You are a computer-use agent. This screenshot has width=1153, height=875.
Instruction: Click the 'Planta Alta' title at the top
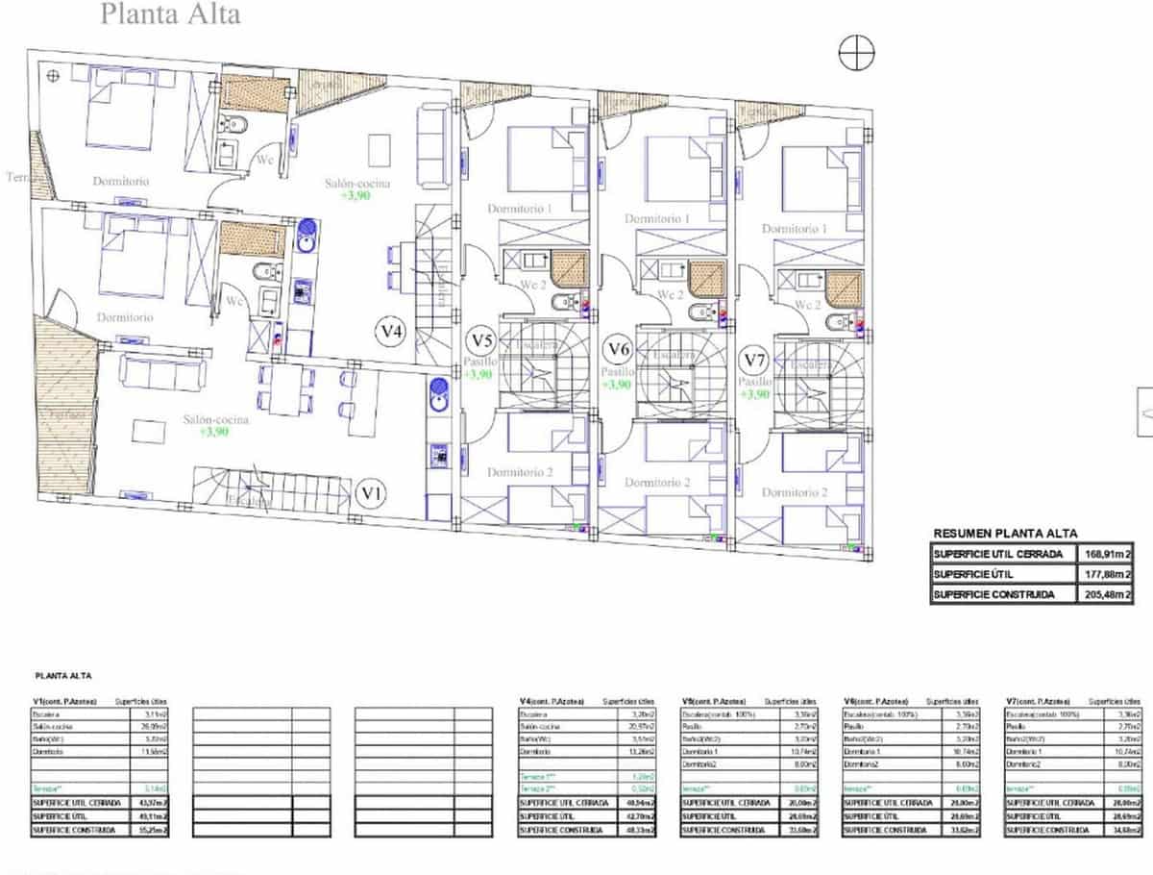[x=170, y=14]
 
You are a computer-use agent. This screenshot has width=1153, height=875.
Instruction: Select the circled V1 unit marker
[x=371, y=494]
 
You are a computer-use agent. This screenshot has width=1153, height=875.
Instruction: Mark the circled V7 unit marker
[x=755, y=361]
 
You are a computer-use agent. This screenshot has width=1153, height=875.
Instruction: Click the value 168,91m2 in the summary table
[x=1104, y=554]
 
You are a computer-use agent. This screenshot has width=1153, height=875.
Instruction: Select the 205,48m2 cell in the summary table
[x=1104, y=595]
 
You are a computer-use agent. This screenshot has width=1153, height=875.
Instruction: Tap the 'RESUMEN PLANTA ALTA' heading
[x=1005, y=534]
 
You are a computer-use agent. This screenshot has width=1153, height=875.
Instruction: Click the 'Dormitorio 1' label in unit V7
[x=794, y=229]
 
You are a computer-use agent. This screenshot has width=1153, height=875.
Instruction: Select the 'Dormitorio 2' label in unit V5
[x=520, y=472]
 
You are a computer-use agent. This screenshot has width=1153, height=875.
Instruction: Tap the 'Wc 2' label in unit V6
[x=671, y=294]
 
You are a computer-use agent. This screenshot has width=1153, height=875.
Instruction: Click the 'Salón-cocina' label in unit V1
[x=216, y=419]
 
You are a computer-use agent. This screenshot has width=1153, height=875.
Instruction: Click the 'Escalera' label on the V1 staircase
[x=248, y=500]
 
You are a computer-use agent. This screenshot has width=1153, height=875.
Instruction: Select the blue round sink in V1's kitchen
[x=437, y=388]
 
